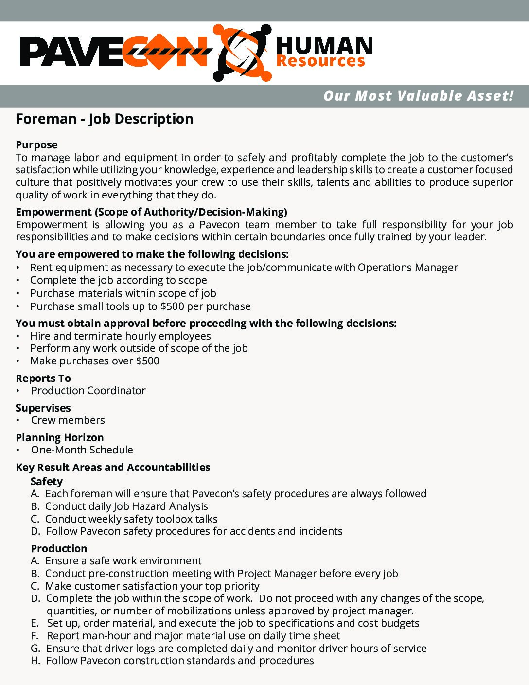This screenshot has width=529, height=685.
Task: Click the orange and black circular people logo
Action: pyautogui.click(x=242, y=53)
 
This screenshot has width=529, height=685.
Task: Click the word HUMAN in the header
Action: pyautogui.click(x=324, y=46)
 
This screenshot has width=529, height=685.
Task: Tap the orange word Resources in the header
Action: pyautogui.click(x=320, y=61)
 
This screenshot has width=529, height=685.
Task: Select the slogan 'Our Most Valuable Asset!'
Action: pyautogui.click(x=418, y=96)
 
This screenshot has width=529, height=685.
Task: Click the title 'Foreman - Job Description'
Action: pyautogui.click(x=105, y=119)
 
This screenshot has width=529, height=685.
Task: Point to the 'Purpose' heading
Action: pyautogui.click(x=36, y=145)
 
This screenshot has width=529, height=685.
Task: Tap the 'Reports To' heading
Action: pyautogui.click(x=43, y=379)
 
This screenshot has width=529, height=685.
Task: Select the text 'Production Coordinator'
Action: pyautogui.click(x=88, y=391)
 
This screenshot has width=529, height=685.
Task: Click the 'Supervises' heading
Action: pyautogui.click(x=43, y=408)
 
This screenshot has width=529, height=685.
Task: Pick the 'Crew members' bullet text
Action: pyautogui.click(x=68, y=420)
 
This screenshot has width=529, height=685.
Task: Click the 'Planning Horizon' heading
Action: pyautogui.click(x=60, y=438)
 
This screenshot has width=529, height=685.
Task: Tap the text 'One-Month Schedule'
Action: pyautogui.click(x=82, y=450)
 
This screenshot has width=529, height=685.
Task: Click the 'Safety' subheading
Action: pyautogui.click(x=47, y=482)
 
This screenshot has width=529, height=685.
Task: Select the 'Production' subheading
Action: pyautogui.click(x=59, y=549)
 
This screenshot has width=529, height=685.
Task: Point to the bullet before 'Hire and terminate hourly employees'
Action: pyautogui.click(x=18, y=336)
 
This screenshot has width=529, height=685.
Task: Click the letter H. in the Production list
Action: pyautogui.click(x=35, y=661)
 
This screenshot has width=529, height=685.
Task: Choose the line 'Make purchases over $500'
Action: pyautogui.click(x=95, y=361)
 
